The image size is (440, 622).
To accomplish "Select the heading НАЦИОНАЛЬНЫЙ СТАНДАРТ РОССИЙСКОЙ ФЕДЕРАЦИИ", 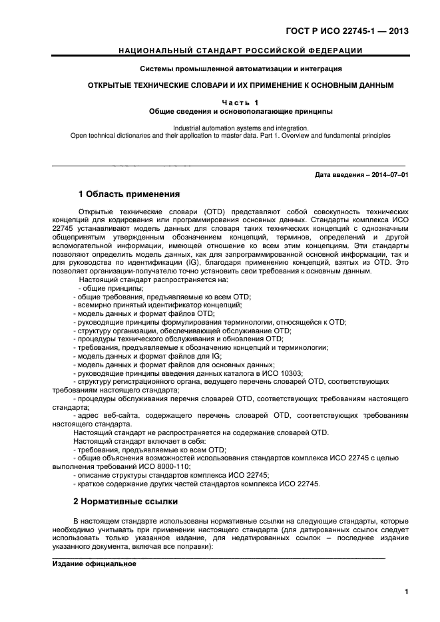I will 240,51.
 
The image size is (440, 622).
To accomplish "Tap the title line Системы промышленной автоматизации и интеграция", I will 240,69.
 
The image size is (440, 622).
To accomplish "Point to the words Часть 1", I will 240,102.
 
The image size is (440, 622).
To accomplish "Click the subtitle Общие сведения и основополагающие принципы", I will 240,111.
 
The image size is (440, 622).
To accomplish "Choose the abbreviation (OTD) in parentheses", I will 214,212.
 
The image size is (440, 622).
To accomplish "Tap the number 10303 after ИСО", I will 290,373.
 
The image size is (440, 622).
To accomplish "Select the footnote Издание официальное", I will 94,563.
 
